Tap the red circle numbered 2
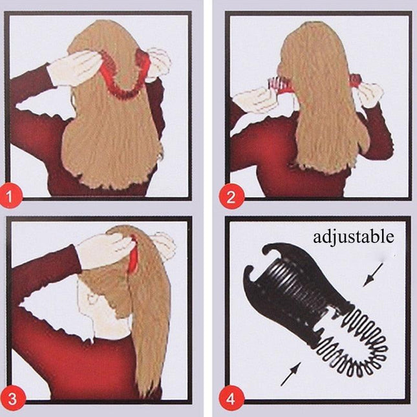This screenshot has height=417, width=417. coord(229,192)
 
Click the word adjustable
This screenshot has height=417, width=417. coord(353,237)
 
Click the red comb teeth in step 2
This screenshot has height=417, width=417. coord(277,84)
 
